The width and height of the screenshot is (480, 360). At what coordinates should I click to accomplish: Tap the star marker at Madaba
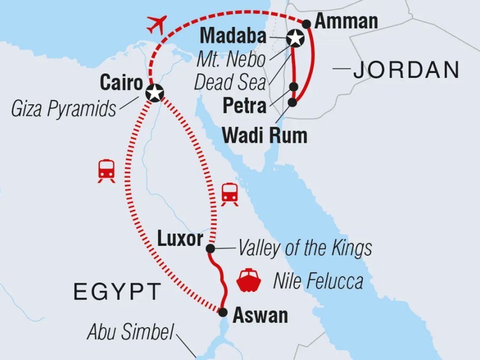point(295,37)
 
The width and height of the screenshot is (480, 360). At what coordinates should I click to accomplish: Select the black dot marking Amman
point(307,23)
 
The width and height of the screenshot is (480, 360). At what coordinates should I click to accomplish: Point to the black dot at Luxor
point(210,249)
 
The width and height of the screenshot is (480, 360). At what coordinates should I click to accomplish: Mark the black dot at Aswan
point(223,312)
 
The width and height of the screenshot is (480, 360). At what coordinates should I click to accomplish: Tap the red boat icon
point(249,281)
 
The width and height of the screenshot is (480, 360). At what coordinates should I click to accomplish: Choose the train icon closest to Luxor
point(230,194)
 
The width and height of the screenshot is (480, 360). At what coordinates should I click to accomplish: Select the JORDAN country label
point(406,71)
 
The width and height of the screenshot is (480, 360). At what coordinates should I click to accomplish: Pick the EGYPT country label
point(117,291)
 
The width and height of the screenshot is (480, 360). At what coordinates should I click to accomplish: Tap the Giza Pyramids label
point(63,109)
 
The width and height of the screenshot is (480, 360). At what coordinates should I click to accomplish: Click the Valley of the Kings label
point(305,248)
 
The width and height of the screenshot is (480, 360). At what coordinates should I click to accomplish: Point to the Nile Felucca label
point(318,281)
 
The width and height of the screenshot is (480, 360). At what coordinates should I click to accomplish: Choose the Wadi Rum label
point(264,135)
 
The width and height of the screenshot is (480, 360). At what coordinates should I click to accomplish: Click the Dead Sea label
point(230,83)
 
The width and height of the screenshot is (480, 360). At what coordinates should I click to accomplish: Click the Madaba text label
point(233,36)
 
